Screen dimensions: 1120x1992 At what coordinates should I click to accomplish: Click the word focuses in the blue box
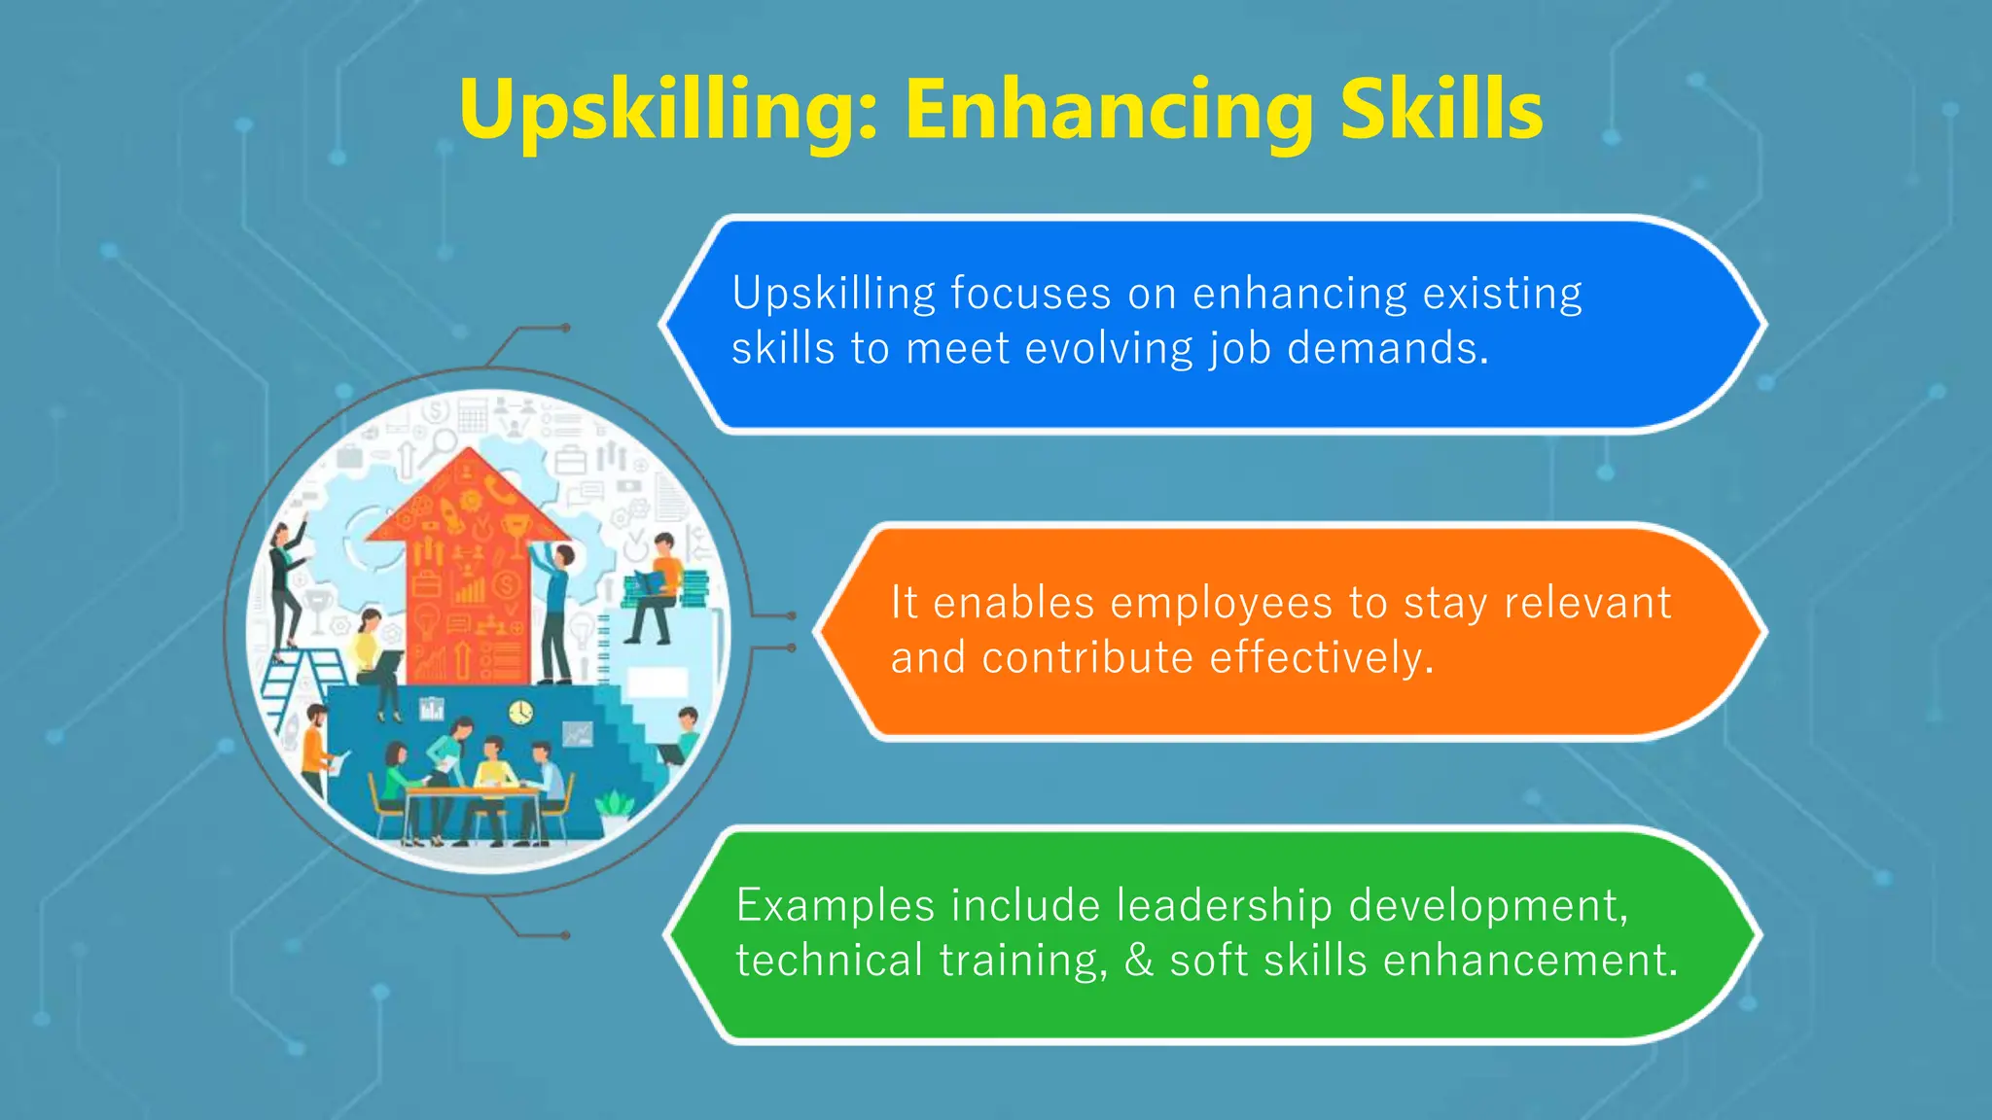click(x=1030, y=294)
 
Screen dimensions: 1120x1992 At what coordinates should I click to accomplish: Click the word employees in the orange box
click(x=1221, y=603)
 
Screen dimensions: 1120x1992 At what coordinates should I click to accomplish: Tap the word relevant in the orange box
click(x=1587, y=603)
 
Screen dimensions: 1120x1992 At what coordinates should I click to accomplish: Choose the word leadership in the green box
click(x=1224, y=906)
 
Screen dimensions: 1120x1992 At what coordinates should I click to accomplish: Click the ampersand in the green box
click(x=1139, y=961)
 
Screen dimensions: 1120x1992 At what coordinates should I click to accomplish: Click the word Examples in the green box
click(x=836, y=906)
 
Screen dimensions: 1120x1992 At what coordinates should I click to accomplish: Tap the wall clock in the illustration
click(x=521, y=712)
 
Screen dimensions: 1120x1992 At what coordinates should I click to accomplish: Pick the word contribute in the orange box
click(x=1087, y=658)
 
